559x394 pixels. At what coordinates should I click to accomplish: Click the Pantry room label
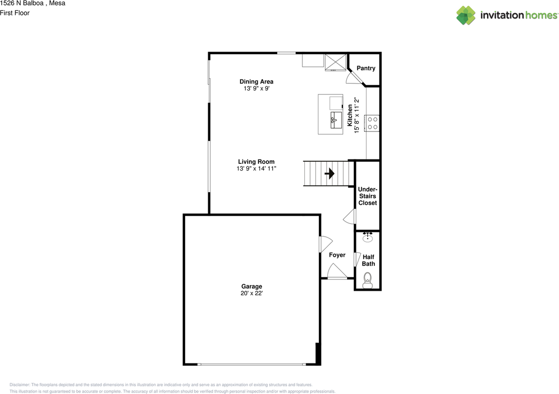(x=366, y=68)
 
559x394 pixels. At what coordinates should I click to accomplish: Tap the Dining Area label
(x=256, y=81)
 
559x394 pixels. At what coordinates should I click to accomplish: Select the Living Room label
(x=256, y=162)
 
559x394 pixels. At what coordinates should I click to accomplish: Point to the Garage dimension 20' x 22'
(x=252, y=294)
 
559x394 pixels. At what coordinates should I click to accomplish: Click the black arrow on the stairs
(x=330, y=174)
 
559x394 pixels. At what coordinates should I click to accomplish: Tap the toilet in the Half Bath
(x=368, y=280)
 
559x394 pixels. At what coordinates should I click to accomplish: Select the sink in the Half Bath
(x=368, y=238)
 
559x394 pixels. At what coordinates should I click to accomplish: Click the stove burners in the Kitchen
(x=373, y=123)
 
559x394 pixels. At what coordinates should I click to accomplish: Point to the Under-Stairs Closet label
(x=367, y=196)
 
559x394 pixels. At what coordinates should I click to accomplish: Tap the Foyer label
(x=337, y=255)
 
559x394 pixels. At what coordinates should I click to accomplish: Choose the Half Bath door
(x=357, y=259)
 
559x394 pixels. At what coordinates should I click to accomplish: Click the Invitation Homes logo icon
(x=466, y=15)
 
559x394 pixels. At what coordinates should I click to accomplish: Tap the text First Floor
(x=15, y=13)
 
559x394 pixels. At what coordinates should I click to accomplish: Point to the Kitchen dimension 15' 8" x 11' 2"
(x=353, y=116)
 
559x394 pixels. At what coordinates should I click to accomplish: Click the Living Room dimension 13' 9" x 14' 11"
(x=256, y=168)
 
